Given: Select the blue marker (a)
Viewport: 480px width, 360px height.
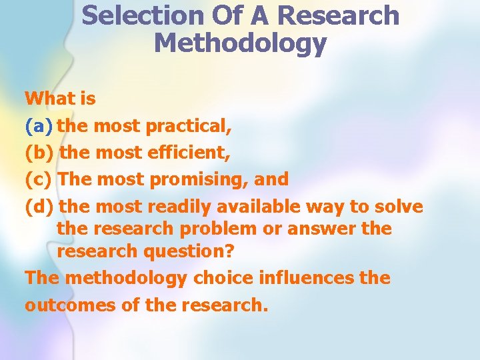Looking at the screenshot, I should tap(39, 125).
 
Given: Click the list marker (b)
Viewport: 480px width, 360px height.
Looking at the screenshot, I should tap(40, 153).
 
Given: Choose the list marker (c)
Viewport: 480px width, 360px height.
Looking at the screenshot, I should tap(39, 179).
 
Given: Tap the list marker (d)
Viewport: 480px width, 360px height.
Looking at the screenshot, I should tap(40, 207).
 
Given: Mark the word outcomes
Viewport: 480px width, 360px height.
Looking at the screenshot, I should tap(64, 305).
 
